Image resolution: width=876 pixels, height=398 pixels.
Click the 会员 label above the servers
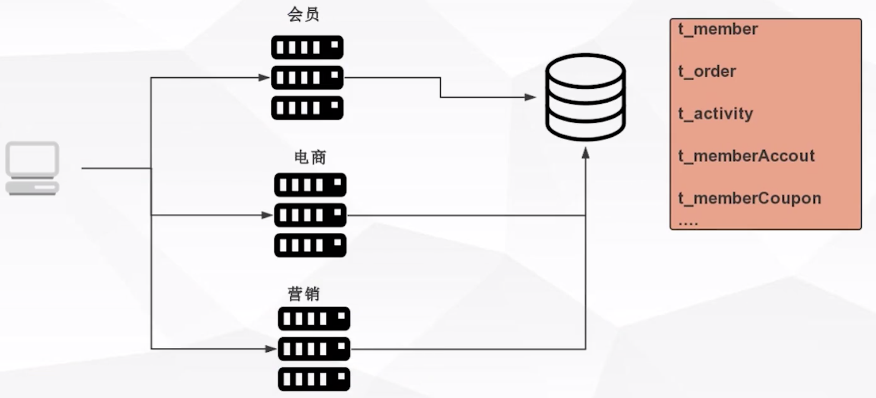[304, 15]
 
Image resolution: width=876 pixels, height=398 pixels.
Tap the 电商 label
[310, 157]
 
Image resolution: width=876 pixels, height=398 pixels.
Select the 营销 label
[304, 294]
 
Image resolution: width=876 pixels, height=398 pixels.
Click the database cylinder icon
[585, 97]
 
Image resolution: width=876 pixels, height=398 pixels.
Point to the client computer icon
[32, 168]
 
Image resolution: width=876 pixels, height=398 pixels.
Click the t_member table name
[718, 29]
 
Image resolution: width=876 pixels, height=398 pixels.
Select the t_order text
[707, 71]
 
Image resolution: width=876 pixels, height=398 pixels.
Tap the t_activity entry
[716, 114]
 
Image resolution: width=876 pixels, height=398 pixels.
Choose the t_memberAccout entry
[746, 156]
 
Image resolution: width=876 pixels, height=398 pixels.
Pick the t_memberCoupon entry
[749, 199]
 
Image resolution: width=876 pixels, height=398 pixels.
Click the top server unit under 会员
[307, 48]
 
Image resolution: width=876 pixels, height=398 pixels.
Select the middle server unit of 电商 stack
[310, 215]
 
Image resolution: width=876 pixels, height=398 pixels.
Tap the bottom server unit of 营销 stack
[314, 379]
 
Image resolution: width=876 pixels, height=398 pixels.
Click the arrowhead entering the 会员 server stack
[264, 78]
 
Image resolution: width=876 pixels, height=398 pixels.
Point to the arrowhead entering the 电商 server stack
[267, 215]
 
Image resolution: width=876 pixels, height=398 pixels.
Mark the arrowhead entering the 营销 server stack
[271, 349]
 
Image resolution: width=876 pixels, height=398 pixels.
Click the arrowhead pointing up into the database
[585, 153]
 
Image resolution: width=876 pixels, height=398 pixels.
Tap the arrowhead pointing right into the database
[530, 97]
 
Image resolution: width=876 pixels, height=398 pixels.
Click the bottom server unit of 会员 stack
[307, 108]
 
